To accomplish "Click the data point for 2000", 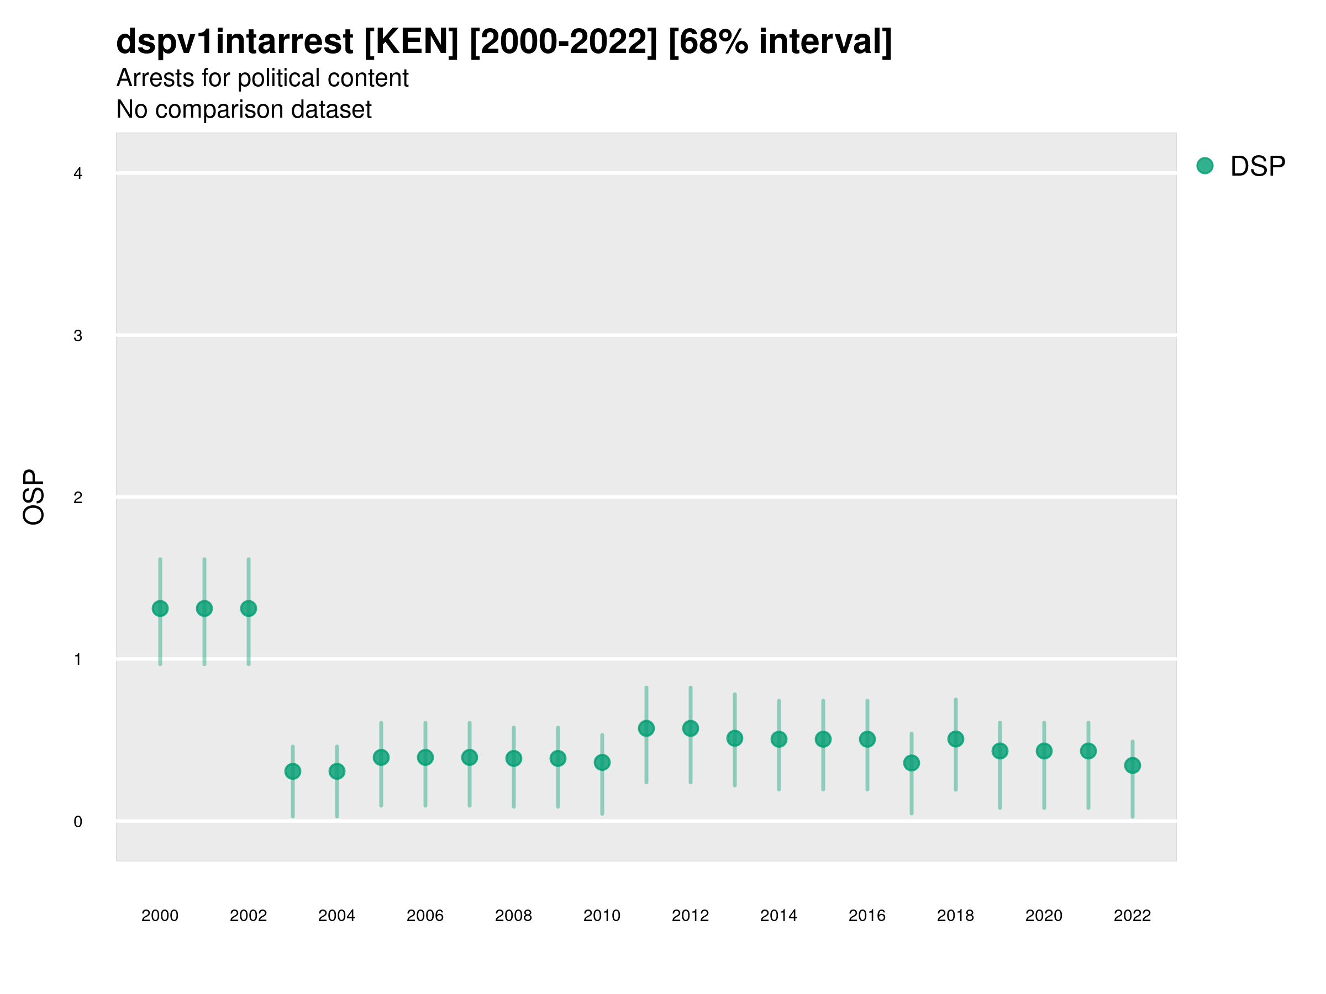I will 160,609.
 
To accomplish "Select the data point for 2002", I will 249,609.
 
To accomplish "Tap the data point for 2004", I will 337,771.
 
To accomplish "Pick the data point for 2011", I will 646,728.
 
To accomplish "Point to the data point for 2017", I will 911,763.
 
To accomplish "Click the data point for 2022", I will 1133,765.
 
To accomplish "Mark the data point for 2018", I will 955,739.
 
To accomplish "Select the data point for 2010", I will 602,762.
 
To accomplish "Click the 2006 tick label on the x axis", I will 425,916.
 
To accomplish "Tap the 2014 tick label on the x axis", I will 778,916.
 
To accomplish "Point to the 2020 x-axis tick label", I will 1044,916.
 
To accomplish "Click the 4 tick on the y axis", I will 78,174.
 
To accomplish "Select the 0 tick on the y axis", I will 78,822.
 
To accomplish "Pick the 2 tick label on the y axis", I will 78,498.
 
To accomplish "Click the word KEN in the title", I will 411,42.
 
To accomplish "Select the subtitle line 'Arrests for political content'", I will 262,78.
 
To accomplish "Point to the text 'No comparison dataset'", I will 244,109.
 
